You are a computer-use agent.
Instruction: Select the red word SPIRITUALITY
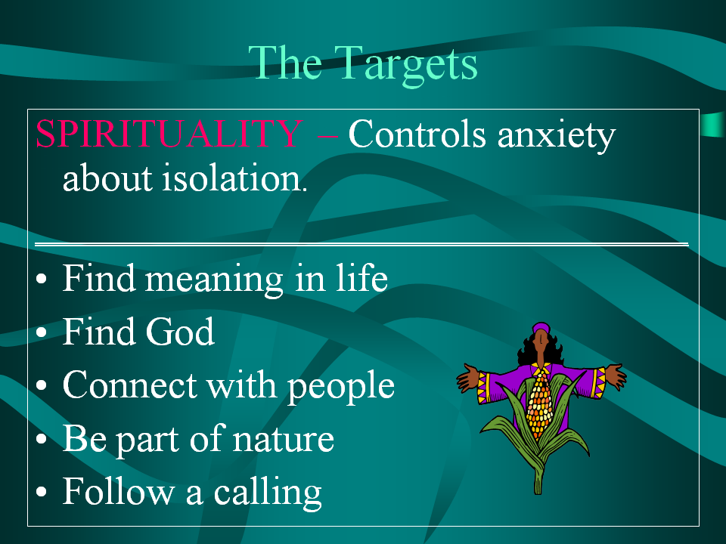click(x=169, y=133)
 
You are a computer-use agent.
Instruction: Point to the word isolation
click(x=234, y=177)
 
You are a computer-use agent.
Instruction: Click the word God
click(x=180, y=332)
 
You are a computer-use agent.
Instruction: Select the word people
click(x=341, y=388)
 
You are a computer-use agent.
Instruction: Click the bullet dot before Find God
click(x=41, y=332)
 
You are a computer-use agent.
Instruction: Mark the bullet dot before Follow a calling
click(x=41, y=492)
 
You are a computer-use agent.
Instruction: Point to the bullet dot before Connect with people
click(x=41, y=385)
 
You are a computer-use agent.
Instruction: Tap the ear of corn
click(x=540, y=405)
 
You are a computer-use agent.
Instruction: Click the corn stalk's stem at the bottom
click(x=538, y=479)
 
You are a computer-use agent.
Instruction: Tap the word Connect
click(x=129, y=385)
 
